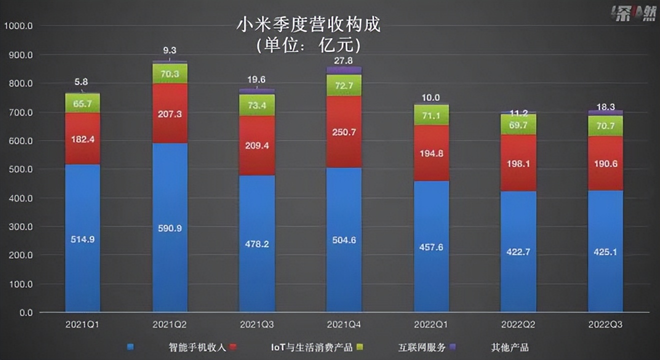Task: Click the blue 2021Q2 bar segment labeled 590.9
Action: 170,227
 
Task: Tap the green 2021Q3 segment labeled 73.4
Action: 257,105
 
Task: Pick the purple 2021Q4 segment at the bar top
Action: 344,70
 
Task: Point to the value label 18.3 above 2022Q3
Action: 605,106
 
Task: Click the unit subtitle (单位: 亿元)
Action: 308,45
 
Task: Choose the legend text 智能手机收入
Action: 195,347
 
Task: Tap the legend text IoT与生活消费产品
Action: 310,347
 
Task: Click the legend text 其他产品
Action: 509,347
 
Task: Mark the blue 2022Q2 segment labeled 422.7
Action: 518,251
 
